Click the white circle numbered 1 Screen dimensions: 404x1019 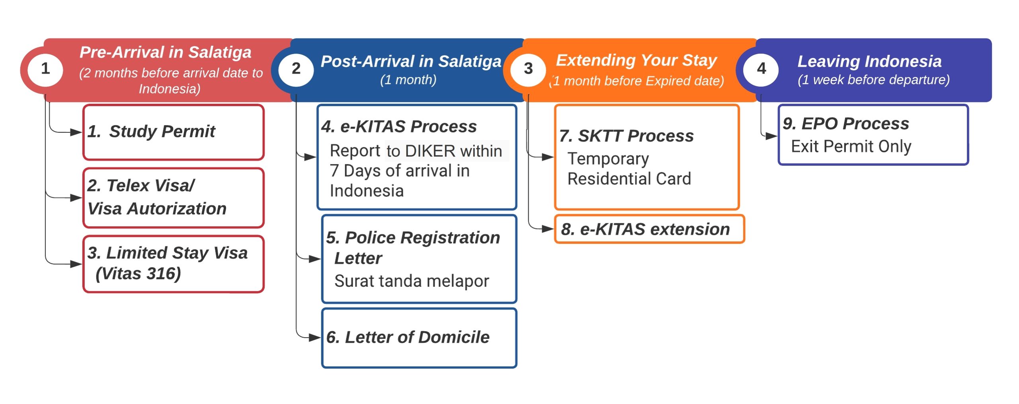click(45, 69)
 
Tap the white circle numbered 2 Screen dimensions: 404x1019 click(296, 69)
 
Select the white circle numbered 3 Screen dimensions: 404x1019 click(528, 69)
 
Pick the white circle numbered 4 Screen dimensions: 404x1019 click(761, 69)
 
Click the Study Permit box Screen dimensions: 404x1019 click(174, 132)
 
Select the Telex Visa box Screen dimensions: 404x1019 click(174, 198)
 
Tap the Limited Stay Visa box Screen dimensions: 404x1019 click(174, 264)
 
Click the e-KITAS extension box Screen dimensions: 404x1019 click(649, 229)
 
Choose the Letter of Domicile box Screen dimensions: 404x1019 click(419, 338)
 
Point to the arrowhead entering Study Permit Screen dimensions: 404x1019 click(76, 132)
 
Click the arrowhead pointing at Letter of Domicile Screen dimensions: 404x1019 click(315, 338)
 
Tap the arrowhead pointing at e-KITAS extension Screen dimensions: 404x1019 click(548, 229)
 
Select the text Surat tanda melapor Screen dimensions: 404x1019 click(412, 281)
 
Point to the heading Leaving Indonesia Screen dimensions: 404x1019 click(869, 62)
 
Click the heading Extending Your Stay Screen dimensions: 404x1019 click(636, 60)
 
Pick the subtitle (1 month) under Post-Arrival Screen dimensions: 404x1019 click(408, 80)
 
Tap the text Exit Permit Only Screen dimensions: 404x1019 click(851, 146)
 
